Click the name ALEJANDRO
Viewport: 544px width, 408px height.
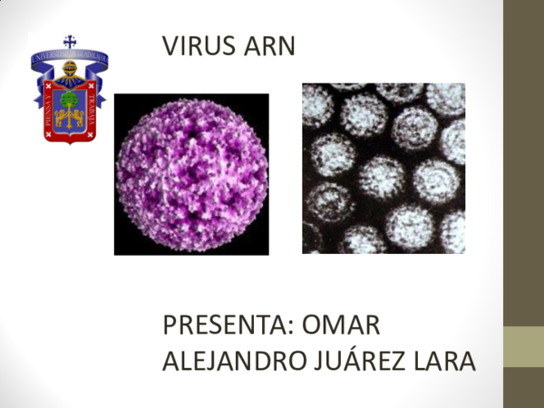point(229,360)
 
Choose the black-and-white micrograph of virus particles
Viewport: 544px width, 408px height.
point(384,169)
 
